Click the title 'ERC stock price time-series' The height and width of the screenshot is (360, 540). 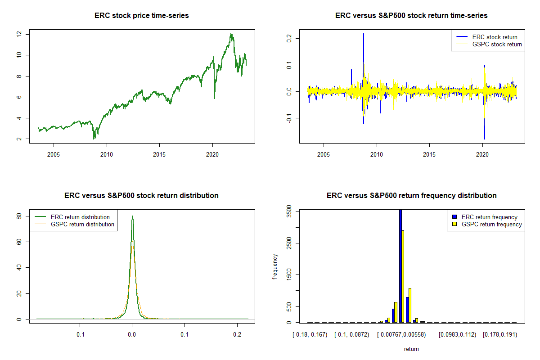142,16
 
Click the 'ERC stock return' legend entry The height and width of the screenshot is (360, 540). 495,37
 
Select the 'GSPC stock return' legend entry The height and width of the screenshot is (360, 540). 497,44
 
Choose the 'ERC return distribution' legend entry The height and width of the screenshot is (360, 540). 80,217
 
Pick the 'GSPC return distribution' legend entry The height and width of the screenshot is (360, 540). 82,224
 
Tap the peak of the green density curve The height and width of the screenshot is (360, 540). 132,216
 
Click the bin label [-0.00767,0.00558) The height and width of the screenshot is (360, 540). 403,335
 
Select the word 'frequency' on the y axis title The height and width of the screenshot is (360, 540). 275,267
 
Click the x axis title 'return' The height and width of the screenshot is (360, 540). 411,349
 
